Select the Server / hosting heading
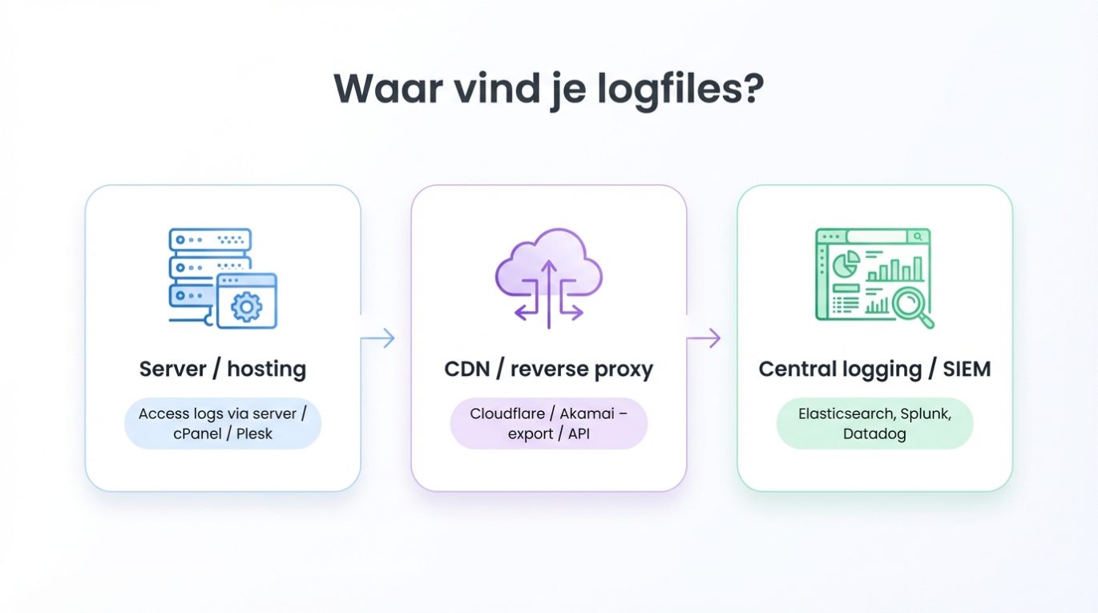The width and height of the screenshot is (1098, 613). [x=223, y=369]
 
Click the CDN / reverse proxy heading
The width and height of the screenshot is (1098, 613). [x=548, y=369]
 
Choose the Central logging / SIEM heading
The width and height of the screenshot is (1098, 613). [x=874, y=369]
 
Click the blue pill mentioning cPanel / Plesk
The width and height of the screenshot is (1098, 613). [x=223, y=423]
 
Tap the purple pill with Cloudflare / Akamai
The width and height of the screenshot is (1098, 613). [x=548, y=423]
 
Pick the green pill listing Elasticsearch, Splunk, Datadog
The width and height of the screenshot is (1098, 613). [x=874, y=423]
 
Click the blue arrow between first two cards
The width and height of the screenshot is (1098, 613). [x=378, y=338]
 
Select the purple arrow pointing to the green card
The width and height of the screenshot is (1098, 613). [x=704, y=338]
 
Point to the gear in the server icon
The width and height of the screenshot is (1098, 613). [x=247, y=306]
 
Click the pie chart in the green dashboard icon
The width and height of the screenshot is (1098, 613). [x=846, y=264]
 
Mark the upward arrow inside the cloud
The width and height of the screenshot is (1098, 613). [x=549, y=284]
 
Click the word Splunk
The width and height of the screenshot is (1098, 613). [x=926, y=414]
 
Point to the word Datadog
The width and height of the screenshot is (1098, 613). [x=874, y=434]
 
